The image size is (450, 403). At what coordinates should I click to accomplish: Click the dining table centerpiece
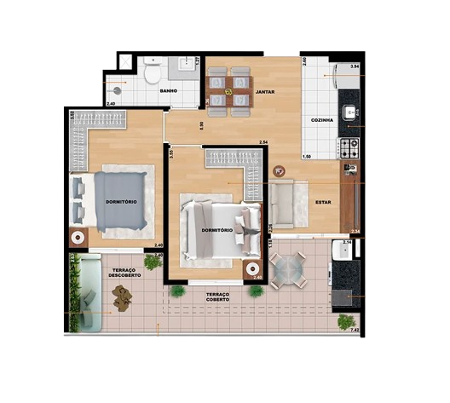(x=228, y=91)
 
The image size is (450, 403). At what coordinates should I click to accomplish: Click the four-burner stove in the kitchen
(x=349, y=148)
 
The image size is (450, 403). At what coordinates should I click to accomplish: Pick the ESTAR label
(x=323, y=202)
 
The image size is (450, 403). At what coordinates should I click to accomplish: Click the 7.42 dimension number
(x=355, y=329)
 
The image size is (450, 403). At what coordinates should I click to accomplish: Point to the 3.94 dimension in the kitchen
(x=355, y=66)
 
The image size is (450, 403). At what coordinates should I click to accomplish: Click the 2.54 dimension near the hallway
(x=263, y=142)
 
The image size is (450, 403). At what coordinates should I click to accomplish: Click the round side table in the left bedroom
(x=78, y=238)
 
